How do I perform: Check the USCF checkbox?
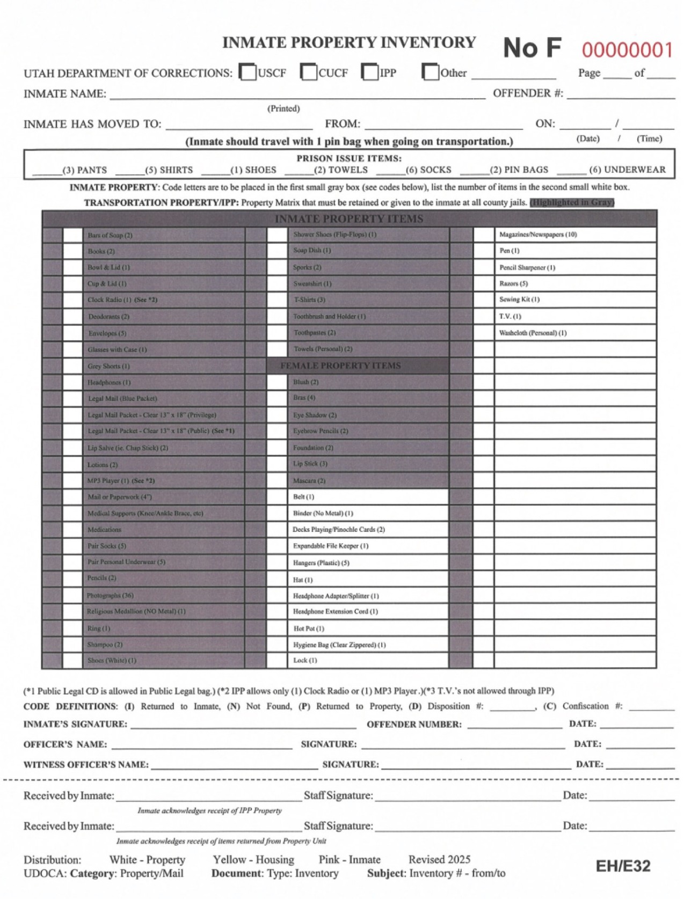point(248,72)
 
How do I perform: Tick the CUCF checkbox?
point(309,72)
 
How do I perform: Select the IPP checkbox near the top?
point(370,72)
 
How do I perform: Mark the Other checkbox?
point(431,72)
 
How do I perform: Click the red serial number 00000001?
point(627,50)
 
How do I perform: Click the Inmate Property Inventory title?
point(349,42)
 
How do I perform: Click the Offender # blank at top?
point(620,95)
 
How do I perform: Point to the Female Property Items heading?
point(340,366)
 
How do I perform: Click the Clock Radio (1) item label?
point(122,299)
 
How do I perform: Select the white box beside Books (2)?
point(73,251)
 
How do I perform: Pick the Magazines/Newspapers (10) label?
point(538,235)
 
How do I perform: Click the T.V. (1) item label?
point(510,316)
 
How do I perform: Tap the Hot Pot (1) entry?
point(309,628)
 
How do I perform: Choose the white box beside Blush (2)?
point(277,382)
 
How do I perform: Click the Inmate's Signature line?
point(243,724)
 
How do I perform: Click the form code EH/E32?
point(623,866)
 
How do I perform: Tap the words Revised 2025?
point(439,859)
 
